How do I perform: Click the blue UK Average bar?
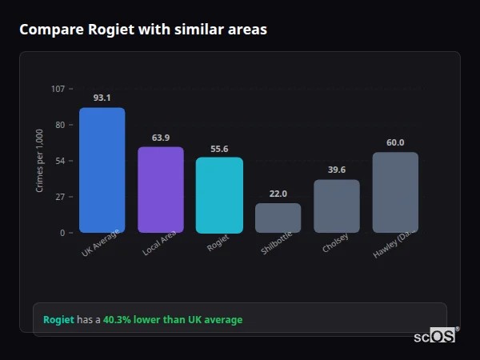coord(102,170)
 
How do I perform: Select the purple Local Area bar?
coord(161,190)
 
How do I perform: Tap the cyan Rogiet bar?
coord(219,195)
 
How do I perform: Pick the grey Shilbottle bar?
coord(278,218)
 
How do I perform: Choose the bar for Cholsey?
coord(337,206)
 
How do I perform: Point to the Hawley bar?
coord(395,193)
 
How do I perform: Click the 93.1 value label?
coord(102,98)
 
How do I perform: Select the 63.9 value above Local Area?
coord(161,138)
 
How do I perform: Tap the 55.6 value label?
coord(219,148)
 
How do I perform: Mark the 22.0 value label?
coord(278,194)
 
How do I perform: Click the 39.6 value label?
coord(337,170)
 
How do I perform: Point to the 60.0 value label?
coord(395,142)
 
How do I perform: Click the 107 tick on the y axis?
coord(58,88)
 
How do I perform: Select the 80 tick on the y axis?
coord(60,125)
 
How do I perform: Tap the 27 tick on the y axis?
coord(60,197)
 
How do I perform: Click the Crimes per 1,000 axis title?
coord(40,160)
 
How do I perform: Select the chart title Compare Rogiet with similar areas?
coord(143,30)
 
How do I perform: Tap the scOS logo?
coord(435,336)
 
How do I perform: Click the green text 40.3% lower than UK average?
coord(173,320)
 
